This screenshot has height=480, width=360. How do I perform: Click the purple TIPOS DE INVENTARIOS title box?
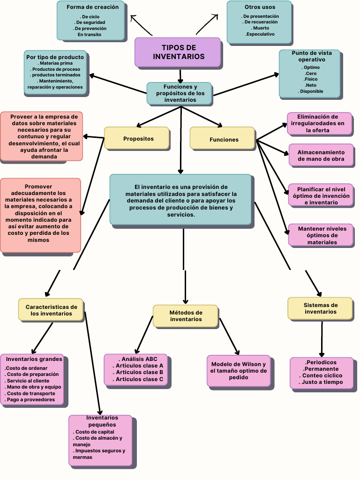tap(178, 52)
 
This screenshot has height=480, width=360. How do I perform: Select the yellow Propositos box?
tap(137, 138)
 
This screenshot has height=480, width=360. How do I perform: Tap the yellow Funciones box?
tap(223, 139)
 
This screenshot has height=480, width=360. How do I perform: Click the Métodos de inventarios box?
tap(186, 316)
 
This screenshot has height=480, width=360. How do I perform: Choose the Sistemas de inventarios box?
tap(320, 308)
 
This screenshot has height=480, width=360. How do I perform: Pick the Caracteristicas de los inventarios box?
tap(51, 310)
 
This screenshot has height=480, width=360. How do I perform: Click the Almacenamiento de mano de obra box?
tap(321, 156)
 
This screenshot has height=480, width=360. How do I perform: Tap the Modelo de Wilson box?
tap(239, 371)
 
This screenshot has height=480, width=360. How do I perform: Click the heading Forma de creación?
tap(92, 7)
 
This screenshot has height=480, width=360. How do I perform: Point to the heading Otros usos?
tap(260, 7)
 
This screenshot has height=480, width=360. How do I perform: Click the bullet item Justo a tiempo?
tap(322, 382)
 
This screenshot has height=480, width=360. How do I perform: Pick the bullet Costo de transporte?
tap(31, 393)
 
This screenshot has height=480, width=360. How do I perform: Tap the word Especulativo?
tap(260, 34)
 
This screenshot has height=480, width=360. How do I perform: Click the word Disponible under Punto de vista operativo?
tap(311, 91)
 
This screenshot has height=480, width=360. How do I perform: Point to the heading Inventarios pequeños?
tap(102, 421)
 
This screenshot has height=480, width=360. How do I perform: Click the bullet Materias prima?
tap(55, 63)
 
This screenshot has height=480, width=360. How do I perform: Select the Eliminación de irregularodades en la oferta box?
tap(321, 123)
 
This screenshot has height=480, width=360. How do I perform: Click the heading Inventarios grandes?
tap(34, 359)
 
